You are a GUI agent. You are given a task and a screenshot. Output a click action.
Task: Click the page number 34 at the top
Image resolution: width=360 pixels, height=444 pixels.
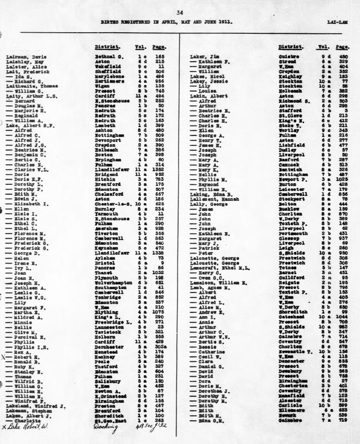coord(179,12)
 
